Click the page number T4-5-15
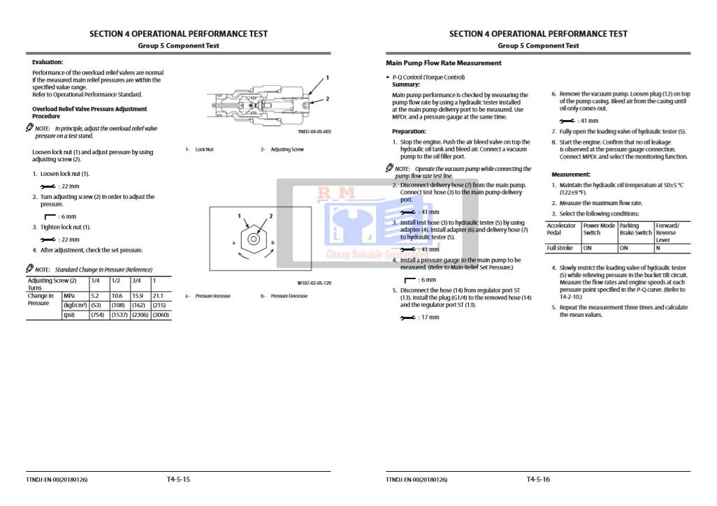[178, 479]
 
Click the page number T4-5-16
[538, 479]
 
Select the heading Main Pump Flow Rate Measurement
[443, 63]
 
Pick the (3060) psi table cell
[160, 315]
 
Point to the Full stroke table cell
[559, 248]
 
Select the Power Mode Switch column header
[599, 229]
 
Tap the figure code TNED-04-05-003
[314, 131]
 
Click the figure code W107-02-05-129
[314, 283]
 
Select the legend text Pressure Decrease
[289, 296]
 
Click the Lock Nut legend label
[204, 149]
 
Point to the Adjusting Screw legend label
[287, 149]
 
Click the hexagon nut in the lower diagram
[252, 241]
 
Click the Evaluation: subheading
[48, 62]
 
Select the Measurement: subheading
[571, 174]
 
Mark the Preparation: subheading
[409, 131]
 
